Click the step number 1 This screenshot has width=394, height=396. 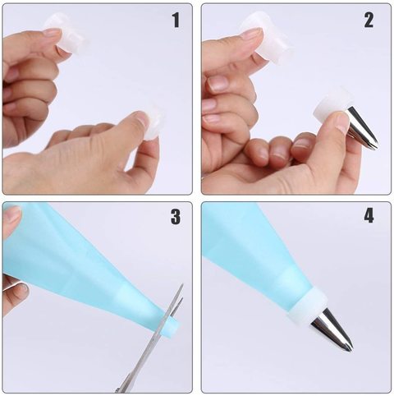[176, 21]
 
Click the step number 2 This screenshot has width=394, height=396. [369, 21]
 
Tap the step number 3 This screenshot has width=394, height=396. [176, 217]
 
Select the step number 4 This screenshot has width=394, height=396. [369, 216]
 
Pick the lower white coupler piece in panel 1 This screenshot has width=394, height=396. [154, 122]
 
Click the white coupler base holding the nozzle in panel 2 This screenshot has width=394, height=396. [332, 108]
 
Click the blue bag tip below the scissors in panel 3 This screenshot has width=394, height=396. [172, 326]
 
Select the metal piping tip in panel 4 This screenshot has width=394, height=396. [332, 331]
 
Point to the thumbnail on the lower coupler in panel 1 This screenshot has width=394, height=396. [141, 118]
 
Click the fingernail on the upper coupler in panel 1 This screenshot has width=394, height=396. [52, 33]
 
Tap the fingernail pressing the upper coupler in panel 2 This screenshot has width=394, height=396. [252, 35]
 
